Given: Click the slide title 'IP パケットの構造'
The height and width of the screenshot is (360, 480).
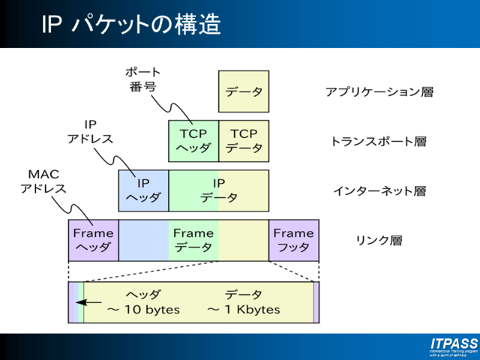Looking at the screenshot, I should [130, 25].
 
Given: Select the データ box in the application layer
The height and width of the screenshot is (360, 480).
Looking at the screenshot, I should [243, 91].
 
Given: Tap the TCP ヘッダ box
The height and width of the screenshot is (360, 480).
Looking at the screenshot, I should [193, 140].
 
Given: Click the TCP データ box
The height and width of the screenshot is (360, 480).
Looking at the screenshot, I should [243, 140].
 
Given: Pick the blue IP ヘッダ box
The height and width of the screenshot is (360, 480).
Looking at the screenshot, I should [143, 190].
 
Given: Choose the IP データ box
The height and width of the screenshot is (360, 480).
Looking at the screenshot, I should [218, 190].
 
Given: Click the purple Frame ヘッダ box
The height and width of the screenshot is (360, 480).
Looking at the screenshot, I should [93, 240].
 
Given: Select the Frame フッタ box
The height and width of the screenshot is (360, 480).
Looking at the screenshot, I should [293, 240].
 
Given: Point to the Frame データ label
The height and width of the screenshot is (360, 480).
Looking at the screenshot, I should [193, 240].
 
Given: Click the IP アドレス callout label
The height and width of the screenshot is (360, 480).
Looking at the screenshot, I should [90, 131].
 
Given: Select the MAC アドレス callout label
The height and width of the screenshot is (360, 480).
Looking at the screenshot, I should [43, 181].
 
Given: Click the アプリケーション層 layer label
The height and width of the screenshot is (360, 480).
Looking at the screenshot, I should [379, 92].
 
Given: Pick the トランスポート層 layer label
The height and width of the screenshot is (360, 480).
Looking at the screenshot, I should [379, 141].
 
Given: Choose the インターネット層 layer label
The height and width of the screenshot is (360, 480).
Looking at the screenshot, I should [379, 191].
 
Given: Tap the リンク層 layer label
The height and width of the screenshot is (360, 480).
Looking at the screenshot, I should [379, 241].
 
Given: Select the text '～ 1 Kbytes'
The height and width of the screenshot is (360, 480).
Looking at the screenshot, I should [243, 309].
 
